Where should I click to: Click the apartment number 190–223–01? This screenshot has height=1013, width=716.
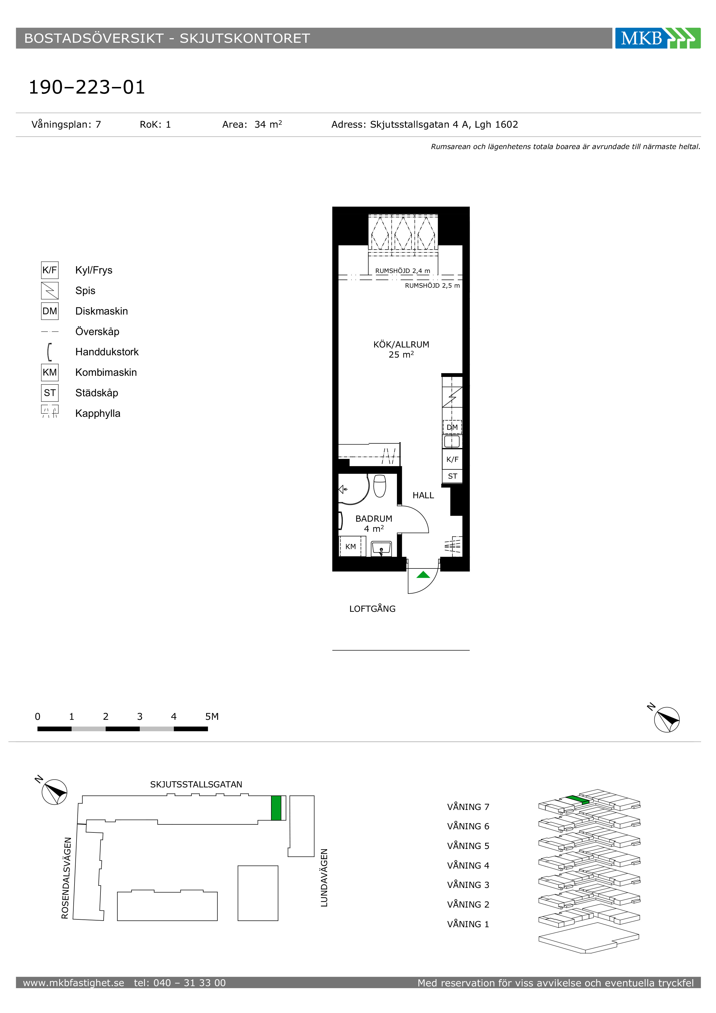coord(87,87)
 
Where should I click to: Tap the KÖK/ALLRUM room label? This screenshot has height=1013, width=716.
coord(401,345)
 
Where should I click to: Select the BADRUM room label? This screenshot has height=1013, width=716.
coord(374,519)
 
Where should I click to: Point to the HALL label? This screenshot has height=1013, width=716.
coord(423,495)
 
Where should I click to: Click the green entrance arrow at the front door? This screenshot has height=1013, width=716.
coord(423,575)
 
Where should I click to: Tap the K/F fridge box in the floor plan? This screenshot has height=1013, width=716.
coord(452,459)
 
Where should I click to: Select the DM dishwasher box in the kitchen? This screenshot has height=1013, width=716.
coord(452,427)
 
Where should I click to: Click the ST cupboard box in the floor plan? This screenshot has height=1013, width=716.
coord(452,476)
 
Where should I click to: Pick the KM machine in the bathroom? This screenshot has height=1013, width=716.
coord(350,547)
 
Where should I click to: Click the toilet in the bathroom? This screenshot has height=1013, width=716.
coord(380,486)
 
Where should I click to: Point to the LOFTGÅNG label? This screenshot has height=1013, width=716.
coord(372,609)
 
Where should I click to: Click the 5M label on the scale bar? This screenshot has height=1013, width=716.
coord(212,717)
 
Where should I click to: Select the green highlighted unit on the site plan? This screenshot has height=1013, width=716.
coord(276,808)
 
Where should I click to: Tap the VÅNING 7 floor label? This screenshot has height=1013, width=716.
coord(468,807)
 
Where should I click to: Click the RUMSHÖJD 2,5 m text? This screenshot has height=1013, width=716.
coord(432,285)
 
